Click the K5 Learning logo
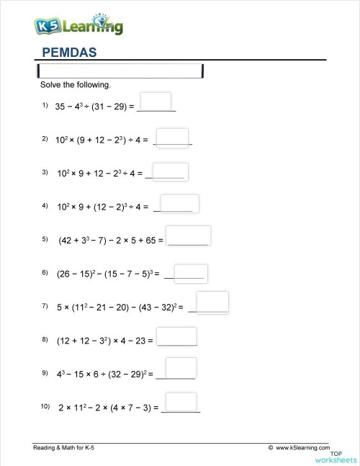(x=78, y=27)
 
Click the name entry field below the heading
(x=120, y=71)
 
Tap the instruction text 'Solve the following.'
(x=75, y=85)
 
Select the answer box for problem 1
(x=156, y=102)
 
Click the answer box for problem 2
(x=172, y=137)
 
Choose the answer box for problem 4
(x=179, y=204)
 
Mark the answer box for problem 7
(x=212, y=302)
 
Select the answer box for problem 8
(x=176, y=336)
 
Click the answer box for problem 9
(x=180, y=368)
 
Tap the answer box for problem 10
(x=181, y=402)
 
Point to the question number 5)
(x=45, y=239)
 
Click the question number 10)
(x=46, y=407)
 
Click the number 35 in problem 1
(x=60, y=107)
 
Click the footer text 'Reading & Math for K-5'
(x=63, y=448)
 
